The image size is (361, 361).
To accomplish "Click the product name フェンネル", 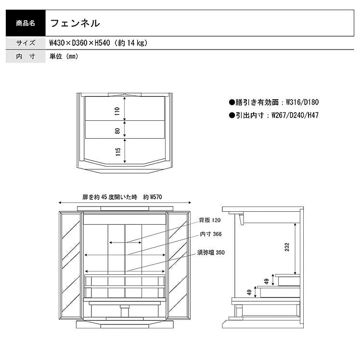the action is [75, 23].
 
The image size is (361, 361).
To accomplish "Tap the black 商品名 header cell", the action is [26, 23].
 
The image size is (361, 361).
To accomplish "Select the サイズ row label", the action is [26, 43].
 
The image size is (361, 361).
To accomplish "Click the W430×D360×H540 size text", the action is [79, 43].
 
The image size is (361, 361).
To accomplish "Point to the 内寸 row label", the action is [26, 56].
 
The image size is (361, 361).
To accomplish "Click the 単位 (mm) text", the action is [64, 56].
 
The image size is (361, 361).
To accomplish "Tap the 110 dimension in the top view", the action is [117, 111].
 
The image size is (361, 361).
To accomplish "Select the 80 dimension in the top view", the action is [117, 131].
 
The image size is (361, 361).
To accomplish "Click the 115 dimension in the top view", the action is [118, 152].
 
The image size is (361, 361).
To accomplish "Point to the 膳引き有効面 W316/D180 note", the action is [274, 102].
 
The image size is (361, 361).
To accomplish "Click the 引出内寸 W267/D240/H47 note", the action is [274, 115].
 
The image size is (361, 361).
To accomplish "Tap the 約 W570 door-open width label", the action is [153, 197].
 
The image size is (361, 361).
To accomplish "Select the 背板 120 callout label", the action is [210, 220].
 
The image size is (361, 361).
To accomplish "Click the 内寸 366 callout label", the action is [211, 234].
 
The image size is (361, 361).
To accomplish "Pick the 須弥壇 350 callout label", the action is [211, 253].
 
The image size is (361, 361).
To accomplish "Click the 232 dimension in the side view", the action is [287, 247].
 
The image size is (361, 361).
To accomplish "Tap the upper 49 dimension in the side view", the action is [267, 282].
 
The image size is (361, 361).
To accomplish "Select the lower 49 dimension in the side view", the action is [249, 292].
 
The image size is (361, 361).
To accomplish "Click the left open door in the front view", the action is [71, 265].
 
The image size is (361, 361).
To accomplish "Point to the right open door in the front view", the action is [179, 265].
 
